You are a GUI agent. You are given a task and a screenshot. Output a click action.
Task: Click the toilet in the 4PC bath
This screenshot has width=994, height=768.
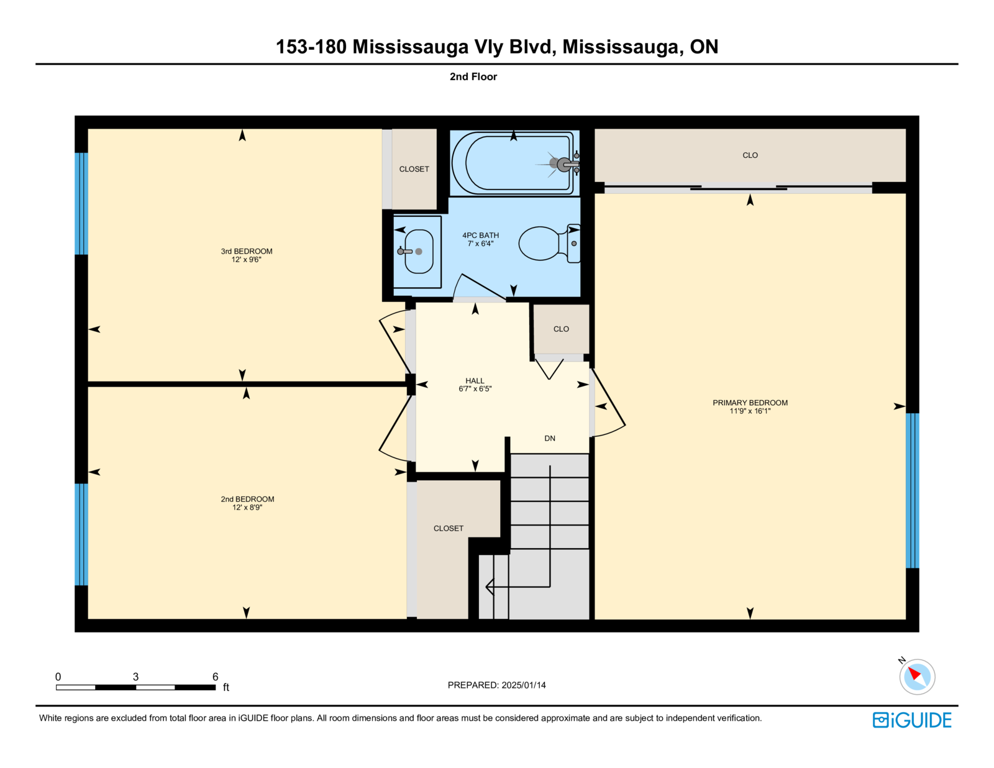549,244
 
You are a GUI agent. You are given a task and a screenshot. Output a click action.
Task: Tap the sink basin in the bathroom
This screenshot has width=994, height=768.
419,252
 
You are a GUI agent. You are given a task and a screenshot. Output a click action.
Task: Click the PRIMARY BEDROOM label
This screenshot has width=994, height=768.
750,403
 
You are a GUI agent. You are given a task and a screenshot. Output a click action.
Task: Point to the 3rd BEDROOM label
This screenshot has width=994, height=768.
247,251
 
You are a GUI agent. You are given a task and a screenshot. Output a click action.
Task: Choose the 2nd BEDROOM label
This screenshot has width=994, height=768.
247,499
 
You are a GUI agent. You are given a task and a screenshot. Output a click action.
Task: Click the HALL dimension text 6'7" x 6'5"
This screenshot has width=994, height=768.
475,389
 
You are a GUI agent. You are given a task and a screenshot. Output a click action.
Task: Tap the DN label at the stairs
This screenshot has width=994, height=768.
550,438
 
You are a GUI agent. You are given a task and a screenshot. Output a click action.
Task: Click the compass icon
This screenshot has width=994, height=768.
917,677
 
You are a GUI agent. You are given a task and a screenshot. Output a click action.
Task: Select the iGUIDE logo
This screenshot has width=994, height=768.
911,720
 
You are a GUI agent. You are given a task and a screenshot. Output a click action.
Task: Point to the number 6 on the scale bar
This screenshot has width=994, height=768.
215,677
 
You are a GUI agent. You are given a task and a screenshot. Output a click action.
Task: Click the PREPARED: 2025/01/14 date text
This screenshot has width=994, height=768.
497,685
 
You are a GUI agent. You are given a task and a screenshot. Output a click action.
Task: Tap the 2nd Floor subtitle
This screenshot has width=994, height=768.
473,76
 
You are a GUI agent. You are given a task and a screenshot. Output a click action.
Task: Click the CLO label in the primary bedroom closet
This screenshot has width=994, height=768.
750,155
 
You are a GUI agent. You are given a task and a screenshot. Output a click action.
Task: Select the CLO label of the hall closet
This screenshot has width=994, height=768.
561,329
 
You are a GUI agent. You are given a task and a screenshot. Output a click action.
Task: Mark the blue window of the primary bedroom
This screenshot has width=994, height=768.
913,490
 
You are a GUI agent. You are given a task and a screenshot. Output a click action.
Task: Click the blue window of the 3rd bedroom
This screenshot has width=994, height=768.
81,204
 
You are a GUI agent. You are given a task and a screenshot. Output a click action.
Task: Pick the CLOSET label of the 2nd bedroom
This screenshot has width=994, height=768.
449,528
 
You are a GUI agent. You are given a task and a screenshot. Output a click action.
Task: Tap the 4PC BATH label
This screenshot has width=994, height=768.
480,235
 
